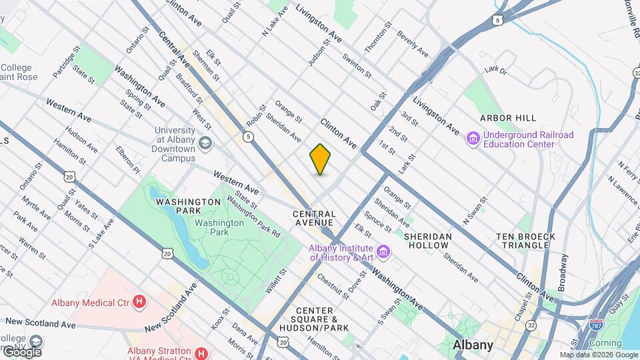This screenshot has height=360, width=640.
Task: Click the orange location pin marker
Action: (320, 159)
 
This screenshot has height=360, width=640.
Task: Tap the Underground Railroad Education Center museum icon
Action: (473, 139)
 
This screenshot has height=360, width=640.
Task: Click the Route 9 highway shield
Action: (498, 21)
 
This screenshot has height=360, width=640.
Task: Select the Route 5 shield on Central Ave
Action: (248, 137)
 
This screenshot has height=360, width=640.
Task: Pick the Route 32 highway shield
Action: (531, 325)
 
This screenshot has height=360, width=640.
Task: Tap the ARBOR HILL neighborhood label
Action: (508, 118)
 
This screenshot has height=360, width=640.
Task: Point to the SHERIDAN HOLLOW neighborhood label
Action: (428, 241)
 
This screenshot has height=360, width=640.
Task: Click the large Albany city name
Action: (473, 345)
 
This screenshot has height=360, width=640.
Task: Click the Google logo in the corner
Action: (21, 351)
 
